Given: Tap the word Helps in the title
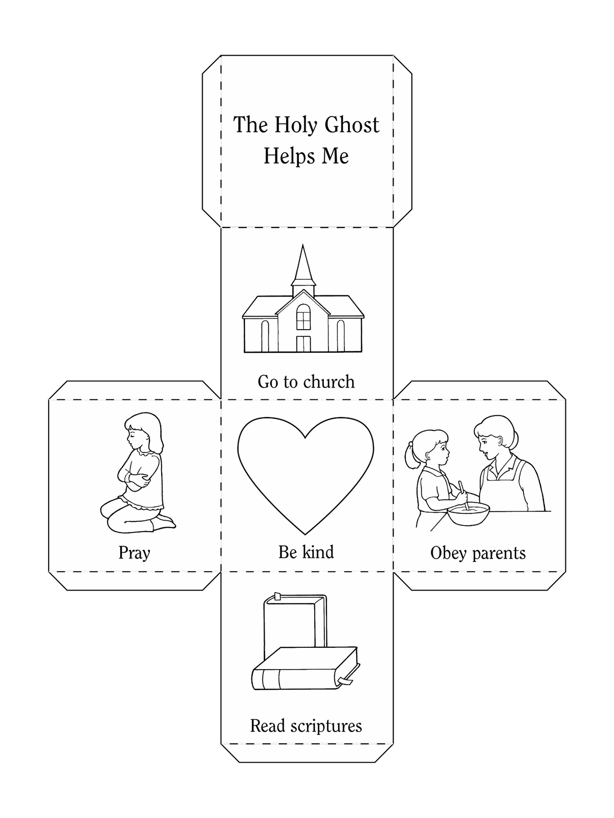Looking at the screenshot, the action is (288, 156).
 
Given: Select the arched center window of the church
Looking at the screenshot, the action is (303, 317).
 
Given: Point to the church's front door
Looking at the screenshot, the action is (303, 344).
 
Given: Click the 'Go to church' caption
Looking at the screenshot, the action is (306, 381).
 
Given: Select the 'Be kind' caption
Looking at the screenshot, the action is (306, 552).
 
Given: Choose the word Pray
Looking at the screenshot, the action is (134, 553).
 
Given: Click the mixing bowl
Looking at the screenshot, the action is (468, 513).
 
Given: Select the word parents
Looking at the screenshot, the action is (499, 554).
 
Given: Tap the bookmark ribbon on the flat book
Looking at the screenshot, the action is (345, 681).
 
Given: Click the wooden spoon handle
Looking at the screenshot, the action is (464, 495).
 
